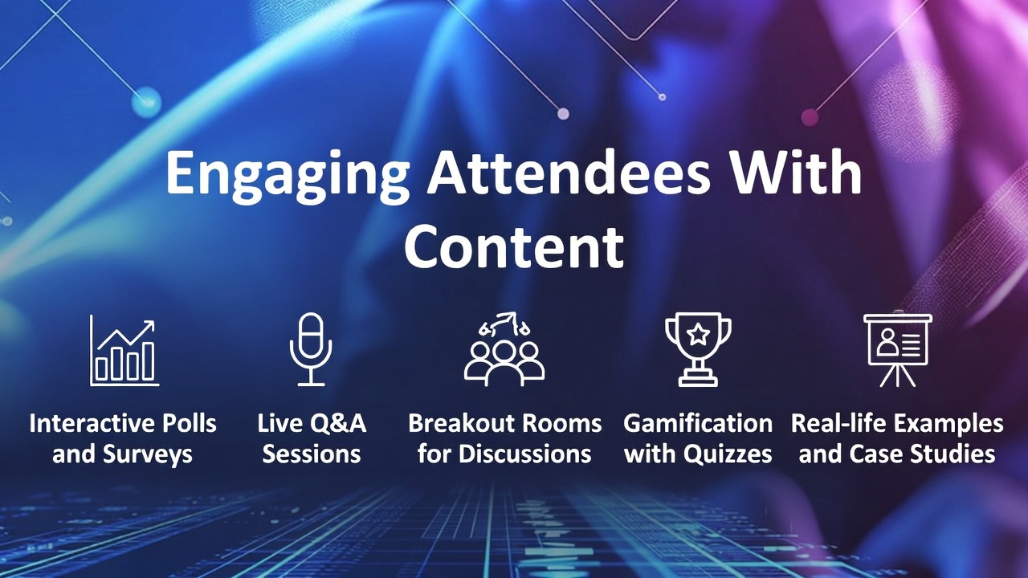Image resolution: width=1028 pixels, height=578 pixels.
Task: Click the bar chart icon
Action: [123, 351]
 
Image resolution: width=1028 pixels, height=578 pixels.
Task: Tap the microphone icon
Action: [311, 350]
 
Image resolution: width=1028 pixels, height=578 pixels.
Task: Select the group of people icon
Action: [504, 350]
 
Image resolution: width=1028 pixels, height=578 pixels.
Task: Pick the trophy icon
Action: [698, 349]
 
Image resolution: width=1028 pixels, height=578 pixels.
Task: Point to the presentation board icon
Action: [897, 350]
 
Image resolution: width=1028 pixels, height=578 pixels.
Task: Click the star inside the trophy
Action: [698, 334]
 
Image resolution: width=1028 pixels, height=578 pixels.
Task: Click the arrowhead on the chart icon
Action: [149, 324]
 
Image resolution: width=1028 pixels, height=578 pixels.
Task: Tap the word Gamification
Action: [698, 423]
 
